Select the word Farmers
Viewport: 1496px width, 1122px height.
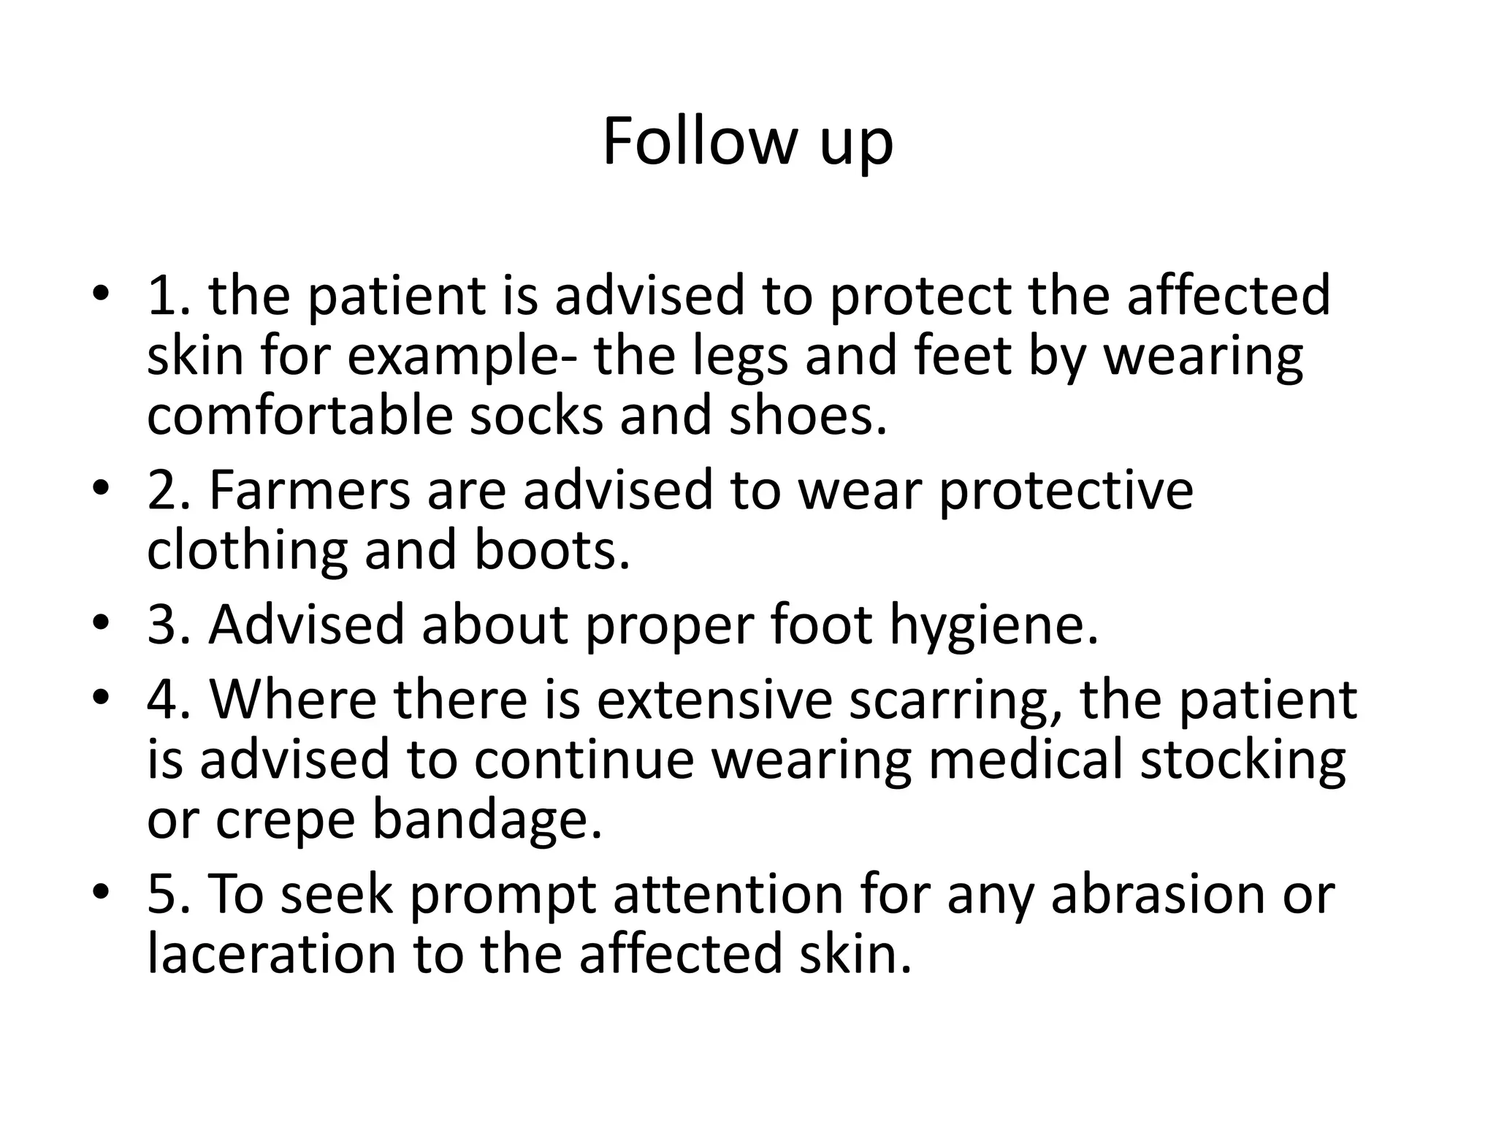pos(310,490)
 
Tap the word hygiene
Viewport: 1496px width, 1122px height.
pos(993,627)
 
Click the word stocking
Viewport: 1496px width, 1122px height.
pos(1243,761)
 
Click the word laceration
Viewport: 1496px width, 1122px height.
pos(271,955)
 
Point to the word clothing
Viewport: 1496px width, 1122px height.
pos(247,552)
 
